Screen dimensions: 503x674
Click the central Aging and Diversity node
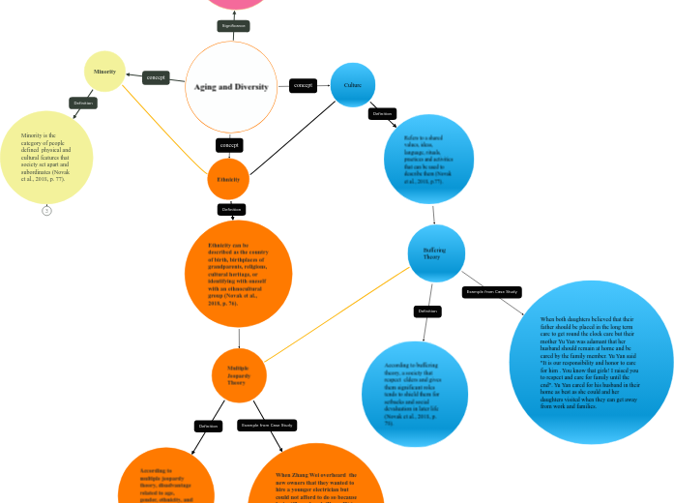pos(230,86)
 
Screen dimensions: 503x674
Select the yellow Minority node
pos(104,72)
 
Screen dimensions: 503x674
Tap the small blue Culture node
pos(352,85)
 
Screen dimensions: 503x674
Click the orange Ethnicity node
pos(228,179)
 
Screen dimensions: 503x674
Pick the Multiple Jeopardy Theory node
pos(238,375)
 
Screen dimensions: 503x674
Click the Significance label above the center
pos(233,25)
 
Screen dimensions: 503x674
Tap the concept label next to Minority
pos(156,76)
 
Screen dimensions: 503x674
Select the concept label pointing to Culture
pos(303,85)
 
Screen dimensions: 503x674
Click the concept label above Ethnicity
pos(229,145)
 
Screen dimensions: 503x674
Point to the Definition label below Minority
pos(83,103)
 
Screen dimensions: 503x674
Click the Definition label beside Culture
pos(382,114)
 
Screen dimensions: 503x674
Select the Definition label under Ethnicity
pos(231,209)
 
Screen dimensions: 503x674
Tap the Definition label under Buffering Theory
pos(426,311)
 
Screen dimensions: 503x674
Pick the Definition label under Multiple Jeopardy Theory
pos(208,426)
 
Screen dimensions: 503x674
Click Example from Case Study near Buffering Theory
pos(492,291)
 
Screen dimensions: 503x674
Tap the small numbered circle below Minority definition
pos(46,210)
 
